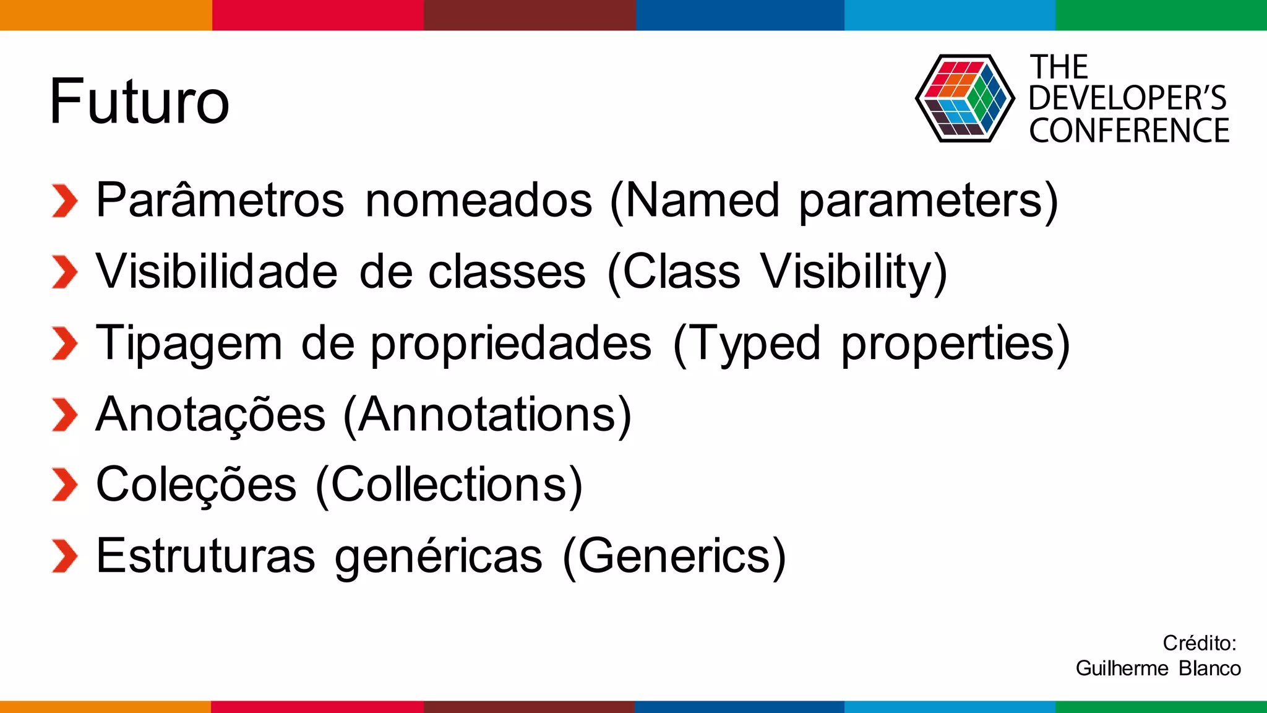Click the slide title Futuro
pos(139,101)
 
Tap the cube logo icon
pos(964,98)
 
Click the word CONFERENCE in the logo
pos(1129,131)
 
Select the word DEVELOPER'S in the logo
pos(1127,98)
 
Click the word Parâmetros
pos(220,200)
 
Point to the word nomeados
pos(479,200)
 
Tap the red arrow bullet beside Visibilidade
pos(64,272)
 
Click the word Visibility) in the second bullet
pos(854,272)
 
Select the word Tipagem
pos(189,343)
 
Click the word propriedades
pos(511,343)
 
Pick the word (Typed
pos(747,343)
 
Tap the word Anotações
pos(210,414)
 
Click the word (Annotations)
pos(487,414)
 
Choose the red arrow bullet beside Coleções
pos(64,485)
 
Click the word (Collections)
pos(449,485)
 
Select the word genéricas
pos(439,556)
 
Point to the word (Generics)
pos(674,556)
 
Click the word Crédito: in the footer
pos(1199,643)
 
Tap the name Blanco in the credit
pos(1209,668)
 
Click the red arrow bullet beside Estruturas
pos(64,556)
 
